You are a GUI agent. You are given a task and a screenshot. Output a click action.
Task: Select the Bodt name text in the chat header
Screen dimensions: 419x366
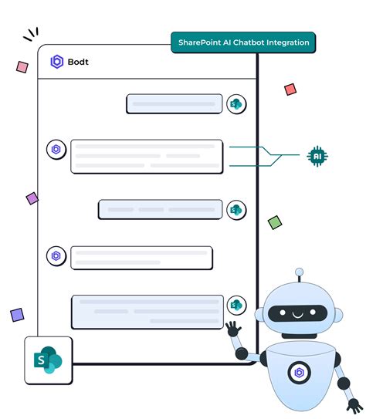tap(78, 62)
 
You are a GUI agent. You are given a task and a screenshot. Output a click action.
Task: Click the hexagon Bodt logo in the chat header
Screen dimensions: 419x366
tap(56, 62)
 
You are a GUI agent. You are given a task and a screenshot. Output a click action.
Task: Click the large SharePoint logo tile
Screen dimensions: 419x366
tap(49, 360)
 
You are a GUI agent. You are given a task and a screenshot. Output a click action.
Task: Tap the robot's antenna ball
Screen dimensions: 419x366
tap(300, 272)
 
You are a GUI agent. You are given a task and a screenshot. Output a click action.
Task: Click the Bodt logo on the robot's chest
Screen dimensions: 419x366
tap(299, 373)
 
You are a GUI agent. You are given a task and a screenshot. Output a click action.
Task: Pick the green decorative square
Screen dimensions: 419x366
tap(275, 222)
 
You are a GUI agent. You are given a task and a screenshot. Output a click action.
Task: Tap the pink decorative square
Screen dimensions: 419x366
tap(22, 67)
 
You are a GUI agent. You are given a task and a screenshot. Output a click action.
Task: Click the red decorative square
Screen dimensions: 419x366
tap(290, 90)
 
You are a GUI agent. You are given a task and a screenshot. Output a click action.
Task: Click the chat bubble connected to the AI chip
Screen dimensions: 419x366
tap(147, 156)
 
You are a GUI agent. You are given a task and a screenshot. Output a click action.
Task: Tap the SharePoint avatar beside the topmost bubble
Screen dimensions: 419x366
tap(236, 104)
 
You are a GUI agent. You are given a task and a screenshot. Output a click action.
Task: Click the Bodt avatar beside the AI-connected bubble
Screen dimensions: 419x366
tap(56, 150)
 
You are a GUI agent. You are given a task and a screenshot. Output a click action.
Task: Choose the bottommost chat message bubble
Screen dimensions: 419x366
tap(147, 312)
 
